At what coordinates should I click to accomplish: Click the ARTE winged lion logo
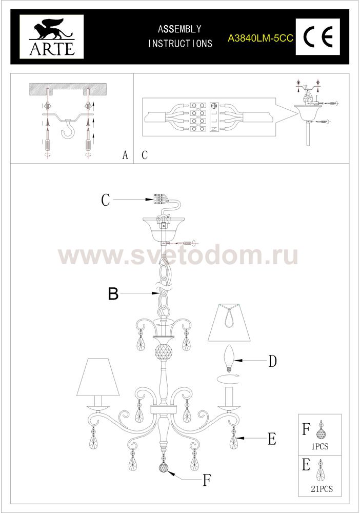(52, 36)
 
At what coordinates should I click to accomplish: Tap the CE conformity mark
(318, 36)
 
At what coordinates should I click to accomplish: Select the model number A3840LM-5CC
(261, 38)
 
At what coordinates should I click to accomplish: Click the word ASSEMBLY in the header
(179, 29)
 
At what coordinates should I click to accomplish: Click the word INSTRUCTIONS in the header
(180, 43)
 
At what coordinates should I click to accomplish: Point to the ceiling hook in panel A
(68, 130)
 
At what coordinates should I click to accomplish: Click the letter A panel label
(125, 155)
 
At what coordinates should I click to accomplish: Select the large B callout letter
(113, 294)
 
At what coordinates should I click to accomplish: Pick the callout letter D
(272, 361)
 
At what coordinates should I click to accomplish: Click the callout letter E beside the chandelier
(272, 439)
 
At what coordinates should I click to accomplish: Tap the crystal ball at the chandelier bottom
(165, 467)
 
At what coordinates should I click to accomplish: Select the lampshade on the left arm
(97, 377)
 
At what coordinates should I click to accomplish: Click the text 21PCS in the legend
(322, 489)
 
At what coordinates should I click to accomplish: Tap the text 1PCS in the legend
(320, 446)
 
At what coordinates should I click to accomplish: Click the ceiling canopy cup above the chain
(164, 229)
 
